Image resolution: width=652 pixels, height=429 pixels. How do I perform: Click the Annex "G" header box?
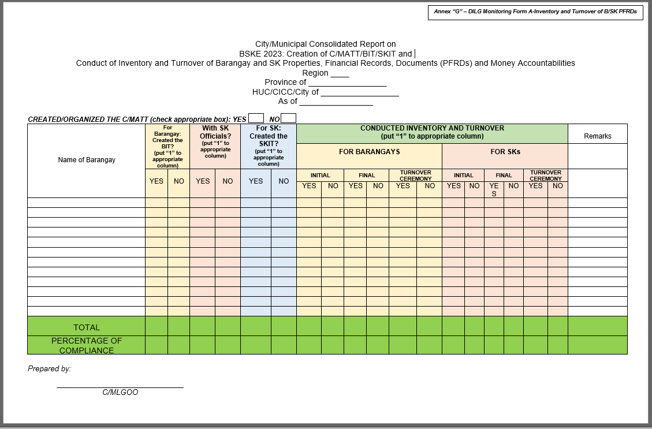point(535,12)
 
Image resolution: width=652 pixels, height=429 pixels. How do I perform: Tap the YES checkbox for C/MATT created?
point(256,118)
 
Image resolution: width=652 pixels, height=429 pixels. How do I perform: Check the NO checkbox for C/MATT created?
point(288,118)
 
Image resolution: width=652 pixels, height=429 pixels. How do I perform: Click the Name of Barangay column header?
point(87,160)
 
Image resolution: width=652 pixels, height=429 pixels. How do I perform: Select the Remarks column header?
point(597,136)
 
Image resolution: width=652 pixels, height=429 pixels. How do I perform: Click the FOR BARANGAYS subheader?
point(369,152)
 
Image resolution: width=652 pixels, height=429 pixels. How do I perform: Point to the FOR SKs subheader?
point(505,152)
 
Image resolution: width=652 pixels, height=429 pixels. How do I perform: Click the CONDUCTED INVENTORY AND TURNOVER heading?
point(432,132)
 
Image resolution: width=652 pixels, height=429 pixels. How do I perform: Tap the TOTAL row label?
point(87,327)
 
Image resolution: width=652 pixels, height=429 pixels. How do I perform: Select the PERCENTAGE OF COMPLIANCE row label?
point(87,345)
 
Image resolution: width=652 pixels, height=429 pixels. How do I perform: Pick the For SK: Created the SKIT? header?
point(268,146)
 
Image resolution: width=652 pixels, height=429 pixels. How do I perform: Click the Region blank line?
point(340,74)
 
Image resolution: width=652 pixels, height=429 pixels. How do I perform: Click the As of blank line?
point(336,102)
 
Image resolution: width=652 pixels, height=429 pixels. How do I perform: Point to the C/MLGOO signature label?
point(120,393)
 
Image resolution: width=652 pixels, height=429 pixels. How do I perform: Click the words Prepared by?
point(49,368)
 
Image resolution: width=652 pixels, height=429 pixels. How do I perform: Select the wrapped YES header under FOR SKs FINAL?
point(494,189)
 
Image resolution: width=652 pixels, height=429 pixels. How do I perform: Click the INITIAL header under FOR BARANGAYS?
point(320,176)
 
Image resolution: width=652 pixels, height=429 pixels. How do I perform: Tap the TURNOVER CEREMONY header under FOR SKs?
point(545,176)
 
